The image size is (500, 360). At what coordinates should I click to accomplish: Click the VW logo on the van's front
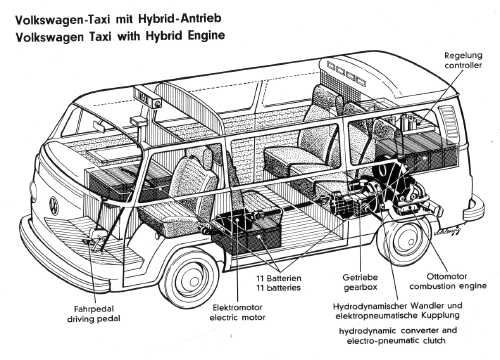pos(53,205)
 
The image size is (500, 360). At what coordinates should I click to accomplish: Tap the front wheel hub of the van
pos(190,279)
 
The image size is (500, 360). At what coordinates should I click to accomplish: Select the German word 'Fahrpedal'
pos(94,309)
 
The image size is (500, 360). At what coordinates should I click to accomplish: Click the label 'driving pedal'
pos(94,319)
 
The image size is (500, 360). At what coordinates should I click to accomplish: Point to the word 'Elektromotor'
pos(238,307)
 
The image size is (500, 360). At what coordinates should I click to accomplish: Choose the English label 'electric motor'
pos(237,317)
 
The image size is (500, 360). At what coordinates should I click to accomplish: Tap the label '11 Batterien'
pos(279,278)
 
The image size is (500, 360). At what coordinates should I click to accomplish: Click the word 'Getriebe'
pos(360,277)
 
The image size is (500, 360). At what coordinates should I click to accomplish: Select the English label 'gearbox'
pos(360,287)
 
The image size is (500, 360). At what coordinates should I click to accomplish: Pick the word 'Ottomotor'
pos(447,276)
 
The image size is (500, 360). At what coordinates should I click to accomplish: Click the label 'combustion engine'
pos(448,286)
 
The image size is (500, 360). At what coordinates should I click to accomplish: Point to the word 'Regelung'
pos(463,55)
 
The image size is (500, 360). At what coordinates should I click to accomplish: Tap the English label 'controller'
pos(463,65)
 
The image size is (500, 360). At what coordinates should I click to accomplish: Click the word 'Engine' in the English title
pos(206,35)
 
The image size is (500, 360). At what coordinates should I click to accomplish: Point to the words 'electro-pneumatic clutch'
pos(396,341)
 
